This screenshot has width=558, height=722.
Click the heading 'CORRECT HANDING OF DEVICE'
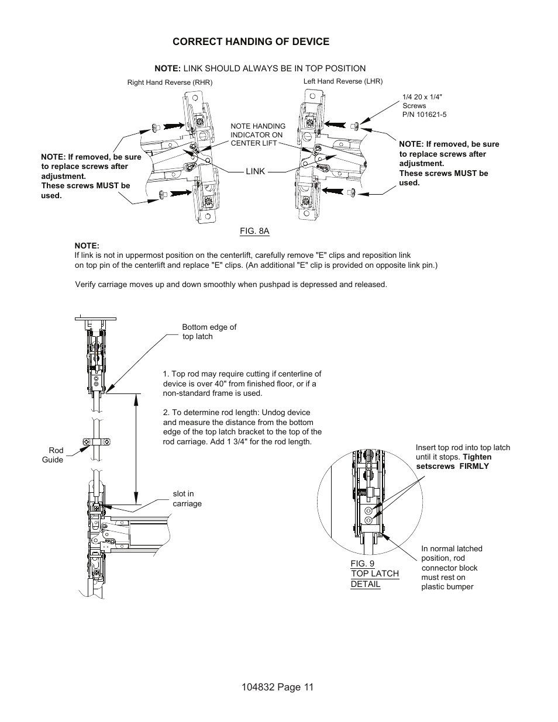(250, 42)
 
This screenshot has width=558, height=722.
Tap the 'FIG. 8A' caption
(254, 231)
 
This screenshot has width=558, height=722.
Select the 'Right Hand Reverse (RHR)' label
(170, 82)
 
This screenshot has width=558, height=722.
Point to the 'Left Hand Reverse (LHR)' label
(343, 81)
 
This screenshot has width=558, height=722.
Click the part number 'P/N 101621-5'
(424, 115)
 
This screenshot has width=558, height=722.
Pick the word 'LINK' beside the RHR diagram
(255, 171)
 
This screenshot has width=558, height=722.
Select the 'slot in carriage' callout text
(187, 499)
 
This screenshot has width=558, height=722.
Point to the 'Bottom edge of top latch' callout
(209, 331)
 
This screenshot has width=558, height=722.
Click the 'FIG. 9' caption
(363, 564)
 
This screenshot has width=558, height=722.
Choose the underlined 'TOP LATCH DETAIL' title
(374, 579)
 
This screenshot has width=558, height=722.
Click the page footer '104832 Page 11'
(274, 687)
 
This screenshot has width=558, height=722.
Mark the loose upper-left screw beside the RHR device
(155, 126)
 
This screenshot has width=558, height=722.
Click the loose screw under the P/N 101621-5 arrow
(354, 125)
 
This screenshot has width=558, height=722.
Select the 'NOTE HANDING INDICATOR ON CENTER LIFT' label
(257, 134)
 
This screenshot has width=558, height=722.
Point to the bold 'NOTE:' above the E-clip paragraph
(87, 246)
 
